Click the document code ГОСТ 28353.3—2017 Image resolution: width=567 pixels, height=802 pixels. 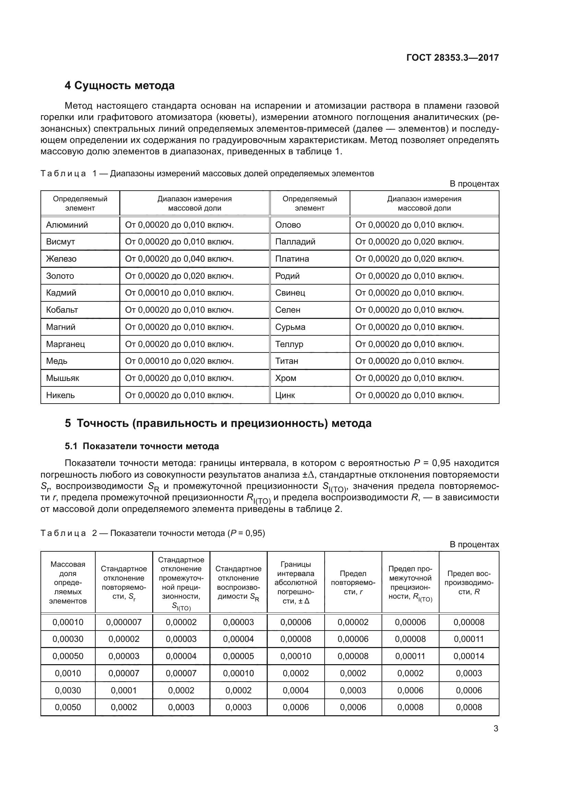click(453, 58)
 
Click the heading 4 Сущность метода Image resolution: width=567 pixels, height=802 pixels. click(119, 86)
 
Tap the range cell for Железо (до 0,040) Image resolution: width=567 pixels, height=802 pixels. click(179, 259)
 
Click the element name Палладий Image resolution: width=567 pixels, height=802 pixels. click(295, 242)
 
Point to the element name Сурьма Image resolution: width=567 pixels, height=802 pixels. click(290, 327)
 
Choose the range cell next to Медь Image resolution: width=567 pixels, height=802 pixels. click(179, 361)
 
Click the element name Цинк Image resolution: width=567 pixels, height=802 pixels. click(285, 395)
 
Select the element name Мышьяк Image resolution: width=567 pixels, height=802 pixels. click(62, 378)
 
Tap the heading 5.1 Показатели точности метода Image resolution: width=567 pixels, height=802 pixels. click(142, 446)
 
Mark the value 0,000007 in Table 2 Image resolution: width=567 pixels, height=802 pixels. click(124, 622)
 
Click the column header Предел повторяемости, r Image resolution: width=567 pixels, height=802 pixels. click(353, 583)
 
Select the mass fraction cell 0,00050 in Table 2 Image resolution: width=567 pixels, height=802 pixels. click(68, 656)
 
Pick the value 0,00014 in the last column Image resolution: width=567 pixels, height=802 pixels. click(469, 656)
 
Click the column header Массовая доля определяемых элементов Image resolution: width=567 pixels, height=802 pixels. click(68, 583)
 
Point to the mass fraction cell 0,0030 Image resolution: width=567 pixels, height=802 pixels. click(68, 690)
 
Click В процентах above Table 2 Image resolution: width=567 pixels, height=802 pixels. click(474, 544)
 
